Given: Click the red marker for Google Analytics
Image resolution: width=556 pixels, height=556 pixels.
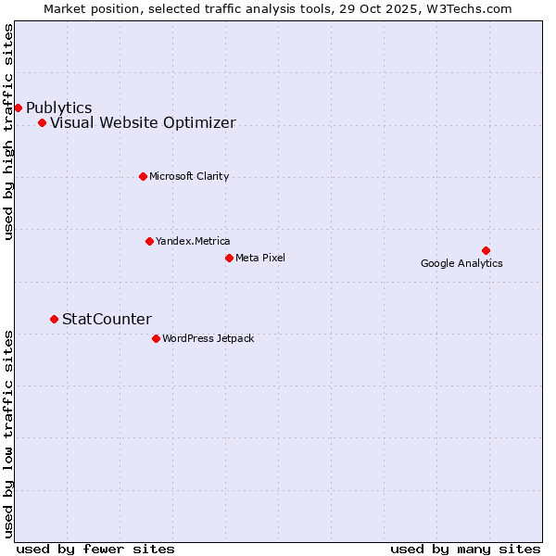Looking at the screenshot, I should pos(486,250).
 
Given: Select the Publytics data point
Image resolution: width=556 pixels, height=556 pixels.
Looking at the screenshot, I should pos(18,107).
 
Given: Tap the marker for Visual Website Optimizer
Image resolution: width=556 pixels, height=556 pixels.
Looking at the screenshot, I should pos(42,122).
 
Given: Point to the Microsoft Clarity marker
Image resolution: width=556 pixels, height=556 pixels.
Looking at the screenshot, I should pos(143,176).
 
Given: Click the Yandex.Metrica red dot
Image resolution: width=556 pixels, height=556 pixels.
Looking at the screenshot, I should pos(149,241).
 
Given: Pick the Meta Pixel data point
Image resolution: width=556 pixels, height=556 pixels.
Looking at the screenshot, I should pos(229,258).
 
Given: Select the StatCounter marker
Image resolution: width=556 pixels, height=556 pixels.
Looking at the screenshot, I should pos(54,319).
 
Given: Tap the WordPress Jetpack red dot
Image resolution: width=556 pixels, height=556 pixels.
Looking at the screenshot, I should pos(156,338).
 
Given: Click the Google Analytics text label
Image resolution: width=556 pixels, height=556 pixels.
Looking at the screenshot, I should pos(461,263).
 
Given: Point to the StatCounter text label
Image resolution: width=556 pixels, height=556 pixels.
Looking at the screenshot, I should pos(107,320).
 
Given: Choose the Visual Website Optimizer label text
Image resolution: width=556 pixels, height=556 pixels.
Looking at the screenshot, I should pos(143,123).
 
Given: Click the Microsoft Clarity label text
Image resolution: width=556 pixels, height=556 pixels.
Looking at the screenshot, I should pos(189,176).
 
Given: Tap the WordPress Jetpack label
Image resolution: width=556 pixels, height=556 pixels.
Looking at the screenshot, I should pos(208,338).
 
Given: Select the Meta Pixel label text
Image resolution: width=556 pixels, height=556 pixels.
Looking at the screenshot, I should pos(260,258).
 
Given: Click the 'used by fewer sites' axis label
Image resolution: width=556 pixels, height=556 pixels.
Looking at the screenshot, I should pos(95,549).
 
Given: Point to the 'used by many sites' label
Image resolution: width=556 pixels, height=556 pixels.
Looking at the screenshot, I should pos(465,549).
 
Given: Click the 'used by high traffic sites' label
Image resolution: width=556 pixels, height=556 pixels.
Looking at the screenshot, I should pos(9,132).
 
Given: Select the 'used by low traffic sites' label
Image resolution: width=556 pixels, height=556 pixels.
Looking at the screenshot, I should pos(9,433).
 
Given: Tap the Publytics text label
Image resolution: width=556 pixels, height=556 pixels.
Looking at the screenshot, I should pos(58,108).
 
